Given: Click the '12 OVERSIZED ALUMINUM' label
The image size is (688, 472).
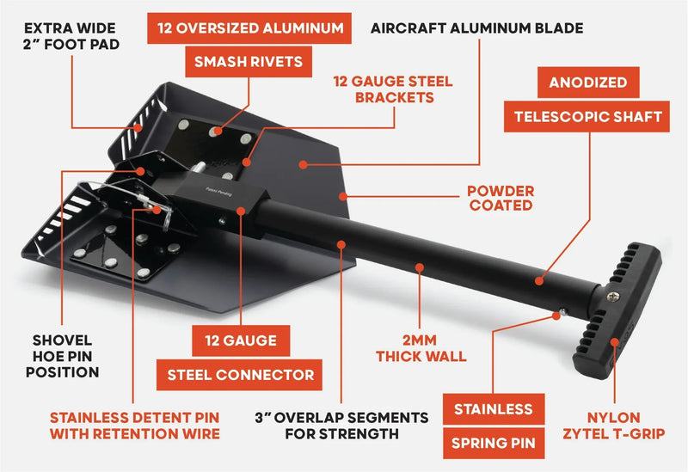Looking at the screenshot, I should point(249,28).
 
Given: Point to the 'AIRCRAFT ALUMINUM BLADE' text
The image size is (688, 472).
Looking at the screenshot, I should point(476,28).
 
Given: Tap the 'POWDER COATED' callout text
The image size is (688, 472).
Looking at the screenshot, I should point(501,198).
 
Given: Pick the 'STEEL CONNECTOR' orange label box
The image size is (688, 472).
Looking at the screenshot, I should point(241,374).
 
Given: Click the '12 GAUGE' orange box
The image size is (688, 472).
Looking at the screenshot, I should point(241,341).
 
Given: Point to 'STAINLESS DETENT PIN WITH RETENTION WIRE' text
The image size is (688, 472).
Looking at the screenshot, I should point(134,426).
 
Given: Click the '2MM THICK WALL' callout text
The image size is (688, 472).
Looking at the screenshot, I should point(422,347).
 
